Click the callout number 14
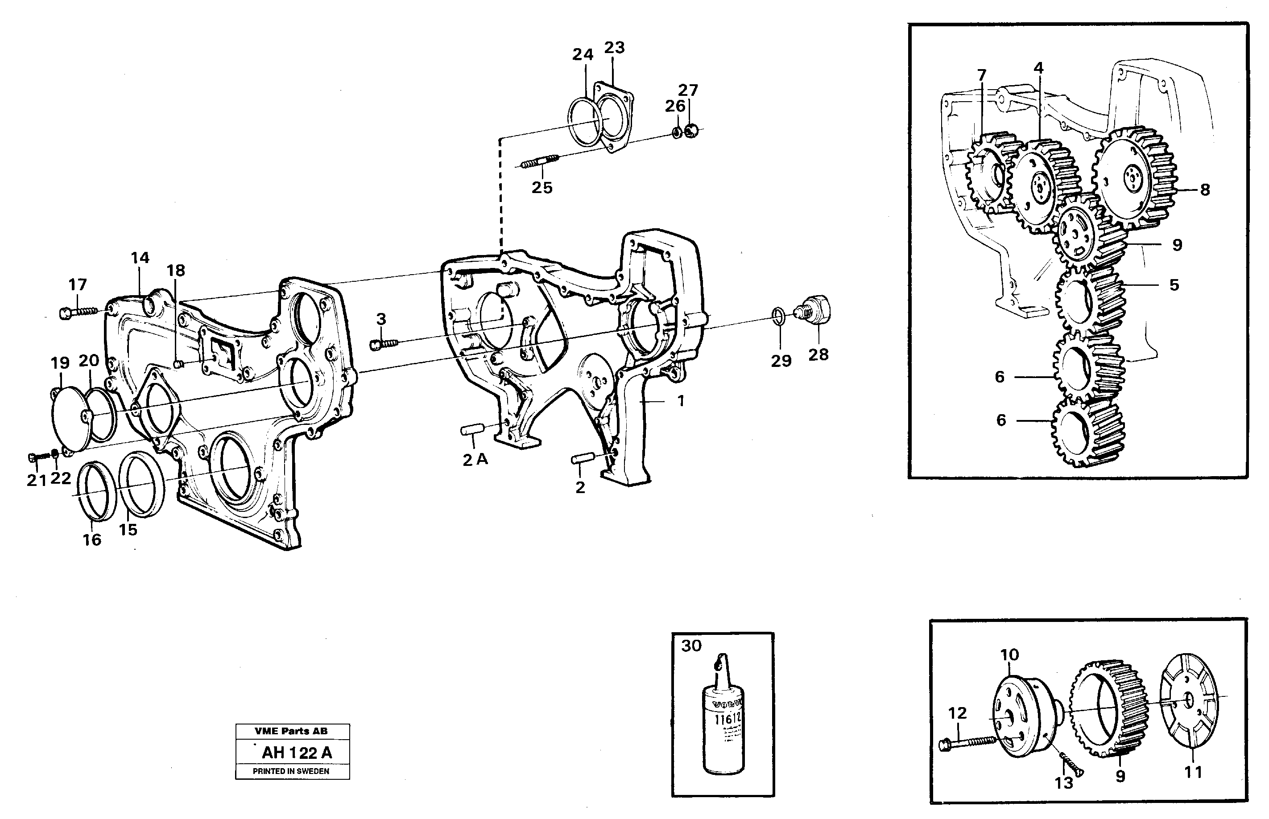[140, 258]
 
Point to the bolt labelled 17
[79, 311]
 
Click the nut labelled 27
[690, 130]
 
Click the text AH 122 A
[296, 753]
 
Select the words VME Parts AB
[291, 731]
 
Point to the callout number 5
[1174, 285]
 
